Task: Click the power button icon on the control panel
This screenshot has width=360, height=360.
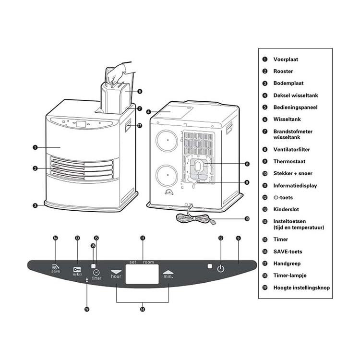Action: (221, 268)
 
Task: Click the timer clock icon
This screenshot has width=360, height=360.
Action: (96, 272)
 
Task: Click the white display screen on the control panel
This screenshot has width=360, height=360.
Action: (142, 274)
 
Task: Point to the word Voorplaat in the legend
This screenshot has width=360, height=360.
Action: (286, 59)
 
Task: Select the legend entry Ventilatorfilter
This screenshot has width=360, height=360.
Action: (291, 149)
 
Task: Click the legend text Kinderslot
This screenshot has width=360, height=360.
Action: (286, 209)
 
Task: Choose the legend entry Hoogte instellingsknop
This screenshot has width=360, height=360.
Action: (301, 288)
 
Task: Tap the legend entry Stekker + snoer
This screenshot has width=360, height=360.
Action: (293, 173)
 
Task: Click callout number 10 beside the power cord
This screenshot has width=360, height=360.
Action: (247, 218)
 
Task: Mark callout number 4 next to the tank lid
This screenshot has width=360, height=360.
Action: (148, 112)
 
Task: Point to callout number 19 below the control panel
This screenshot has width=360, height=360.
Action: (87, 309)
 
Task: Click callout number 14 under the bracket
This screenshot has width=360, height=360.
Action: (143, 309)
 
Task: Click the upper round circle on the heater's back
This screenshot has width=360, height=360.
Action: (167, 141)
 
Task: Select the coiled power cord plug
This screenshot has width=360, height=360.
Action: (212, 222)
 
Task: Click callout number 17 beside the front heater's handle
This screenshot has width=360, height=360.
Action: (140, 126)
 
